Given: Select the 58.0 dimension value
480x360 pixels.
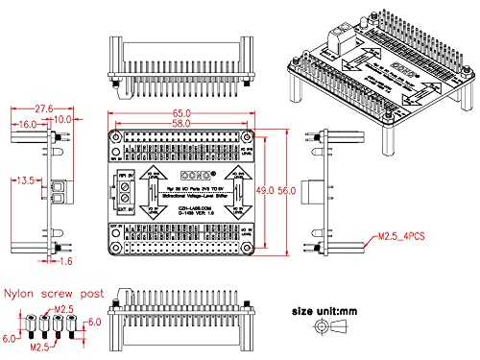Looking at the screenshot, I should (182, 124).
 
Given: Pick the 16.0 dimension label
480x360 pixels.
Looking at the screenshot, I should (26, 124).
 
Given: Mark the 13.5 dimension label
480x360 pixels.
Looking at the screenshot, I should (26, 180).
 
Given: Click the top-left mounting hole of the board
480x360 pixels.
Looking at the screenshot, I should (116, 138).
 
